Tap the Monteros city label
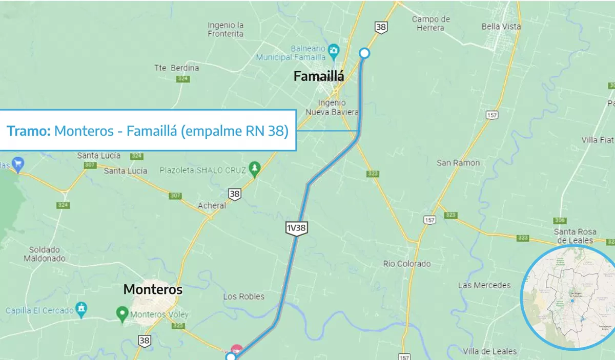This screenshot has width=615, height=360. (153, 290)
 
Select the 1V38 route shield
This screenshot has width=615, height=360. (296, 228)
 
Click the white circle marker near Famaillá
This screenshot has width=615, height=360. (364, 53)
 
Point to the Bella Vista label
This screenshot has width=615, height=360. (501, 26)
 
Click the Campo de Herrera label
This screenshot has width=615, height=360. (431, 24)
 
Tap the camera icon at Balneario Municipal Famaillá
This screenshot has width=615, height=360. (334, 50)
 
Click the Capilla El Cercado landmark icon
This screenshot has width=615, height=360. (81, 309)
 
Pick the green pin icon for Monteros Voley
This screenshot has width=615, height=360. (122, 312)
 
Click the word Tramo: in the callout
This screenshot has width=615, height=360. (29, 131)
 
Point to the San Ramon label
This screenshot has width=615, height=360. (458, 163)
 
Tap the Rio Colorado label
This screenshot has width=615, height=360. (407, 264)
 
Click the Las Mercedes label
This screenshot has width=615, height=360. (484, 285)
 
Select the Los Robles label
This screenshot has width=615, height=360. (244, 297)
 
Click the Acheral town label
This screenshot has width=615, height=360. (212, 205)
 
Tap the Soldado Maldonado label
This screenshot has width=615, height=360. (44, 254)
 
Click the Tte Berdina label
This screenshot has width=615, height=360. (177, 68)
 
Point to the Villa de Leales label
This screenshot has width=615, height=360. (489, 351)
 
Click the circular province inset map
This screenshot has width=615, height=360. (567, 298)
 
